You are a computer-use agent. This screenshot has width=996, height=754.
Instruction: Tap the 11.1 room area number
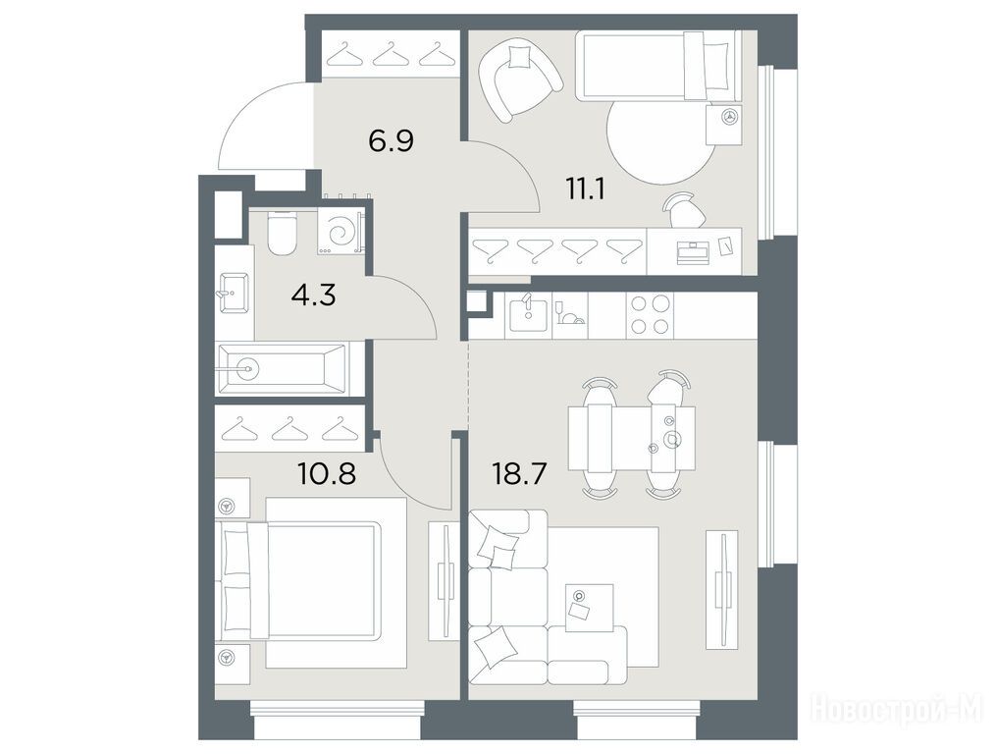tap(585, 188)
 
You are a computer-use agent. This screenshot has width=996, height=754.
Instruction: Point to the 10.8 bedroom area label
tap(327, 473)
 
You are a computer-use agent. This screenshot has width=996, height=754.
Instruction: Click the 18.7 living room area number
tap(519, 473)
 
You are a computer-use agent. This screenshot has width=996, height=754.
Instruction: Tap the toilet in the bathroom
tap(283, 232)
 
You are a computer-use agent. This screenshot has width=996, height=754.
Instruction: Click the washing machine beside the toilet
tap(341, 232)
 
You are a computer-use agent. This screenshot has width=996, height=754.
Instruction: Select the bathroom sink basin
tap(234, 294)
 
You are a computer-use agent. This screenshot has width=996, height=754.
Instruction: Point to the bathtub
tap(282, 368)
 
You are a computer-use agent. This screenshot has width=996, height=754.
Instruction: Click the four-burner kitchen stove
tap(650, 315)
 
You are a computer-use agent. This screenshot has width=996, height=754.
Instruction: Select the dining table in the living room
tap(631, 438)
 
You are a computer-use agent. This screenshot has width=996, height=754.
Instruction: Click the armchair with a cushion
tap(520, 79)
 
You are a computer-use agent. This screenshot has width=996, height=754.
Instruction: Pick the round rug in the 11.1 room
tap(661, 142)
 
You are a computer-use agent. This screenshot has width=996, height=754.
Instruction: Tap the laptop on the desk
tap(695, 252)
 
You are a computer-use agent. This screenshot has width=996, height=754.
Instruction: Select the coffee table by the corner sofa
tap(590, 608)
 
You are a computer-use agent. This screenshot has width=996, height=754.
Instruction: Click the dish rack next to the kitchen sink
tap(570, 315)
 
